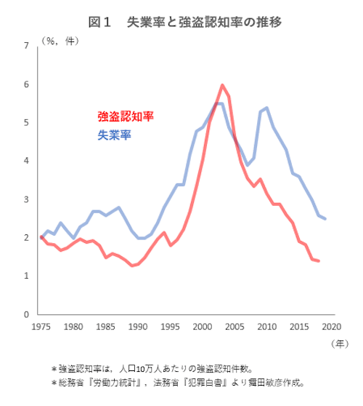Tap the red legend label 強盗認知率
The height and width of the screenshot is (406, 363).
(x=126, y=116)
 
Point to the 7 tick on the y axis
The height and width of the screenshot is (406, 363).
(x=27, y=46)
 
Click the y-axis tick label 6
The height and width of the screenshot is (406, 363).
(x=27, y=84)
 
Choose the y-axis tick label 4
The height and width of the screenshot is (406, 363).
(x=27, y=161)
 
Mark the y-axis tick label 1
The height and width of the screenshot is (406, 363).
(x=27, y=276)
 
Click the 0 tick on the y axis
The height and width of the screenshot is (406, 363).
(x=27, y=314)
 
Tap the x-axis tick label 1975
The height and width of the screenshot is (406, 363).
(x=41, y=327)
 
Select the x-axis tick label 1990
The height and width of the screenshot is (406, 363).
(x=137, y=327)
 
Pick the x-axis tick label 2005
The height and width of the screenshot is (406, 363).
(x=234, y=327)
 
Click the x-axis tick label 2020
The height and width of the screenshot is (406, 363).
(x=331, y=327)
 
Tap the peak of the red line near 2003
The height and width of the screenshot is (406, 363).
(x=221, y=85)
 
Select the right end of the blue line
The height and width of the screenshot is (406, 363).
(x=325, y=218)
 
